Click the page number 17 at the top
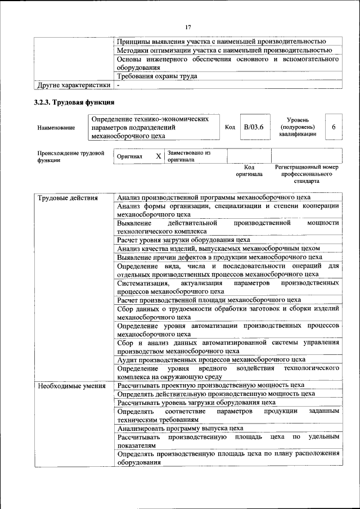coord(188,26)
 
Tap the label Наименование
coord(56,128)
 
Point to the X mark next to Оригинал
coord(159,156)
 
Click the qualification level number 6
coord(334,127)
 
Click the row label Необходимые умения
coord(71,386)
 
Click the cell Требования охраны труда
coord(157,76)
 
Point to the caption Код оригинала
coord(249,170)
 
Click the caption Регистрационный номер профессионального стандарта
coord(307,174)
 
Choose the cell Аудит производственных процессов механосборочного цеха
coord(211,359)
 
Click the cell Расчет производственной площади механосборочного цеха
coord(209,300)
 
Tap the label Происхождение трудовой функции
coord(71,156)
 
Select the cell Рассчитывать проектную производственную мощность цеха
coord(210,385)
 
